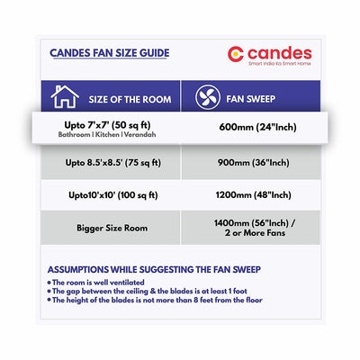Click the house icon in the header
point(64,96)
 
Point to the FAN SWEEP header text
point(251,97)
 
